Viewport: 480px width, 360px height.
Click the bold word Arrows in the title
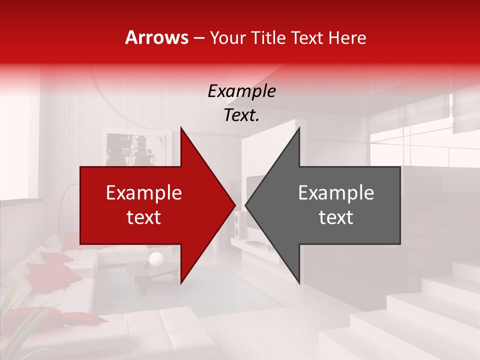[x=157, y=37]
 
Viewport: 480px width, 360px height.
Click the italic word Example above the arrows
[x=241, y=91]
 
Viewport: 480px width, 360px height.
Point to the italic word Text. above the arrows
[x=241, y=115]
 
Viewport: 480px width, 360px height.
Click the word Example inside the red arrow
[x=144, y=192]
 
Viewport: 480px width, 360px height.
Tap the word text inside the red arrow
[x=144, y=217]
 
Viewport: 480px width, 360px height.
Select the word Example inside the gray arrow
[x=336, y=192]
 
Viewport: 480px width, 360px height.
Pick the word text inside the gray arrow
[x=336, y=217]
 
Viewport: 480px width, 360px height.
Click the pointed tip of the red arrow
[x=234, y=205]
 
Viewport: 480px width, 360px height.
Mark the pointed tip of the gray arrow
[x=246, y=205]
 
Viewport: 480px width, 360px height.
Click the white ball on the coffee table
[x=156, y=258]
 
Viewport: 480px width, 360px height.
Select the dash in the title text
[x=198, y=37]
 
